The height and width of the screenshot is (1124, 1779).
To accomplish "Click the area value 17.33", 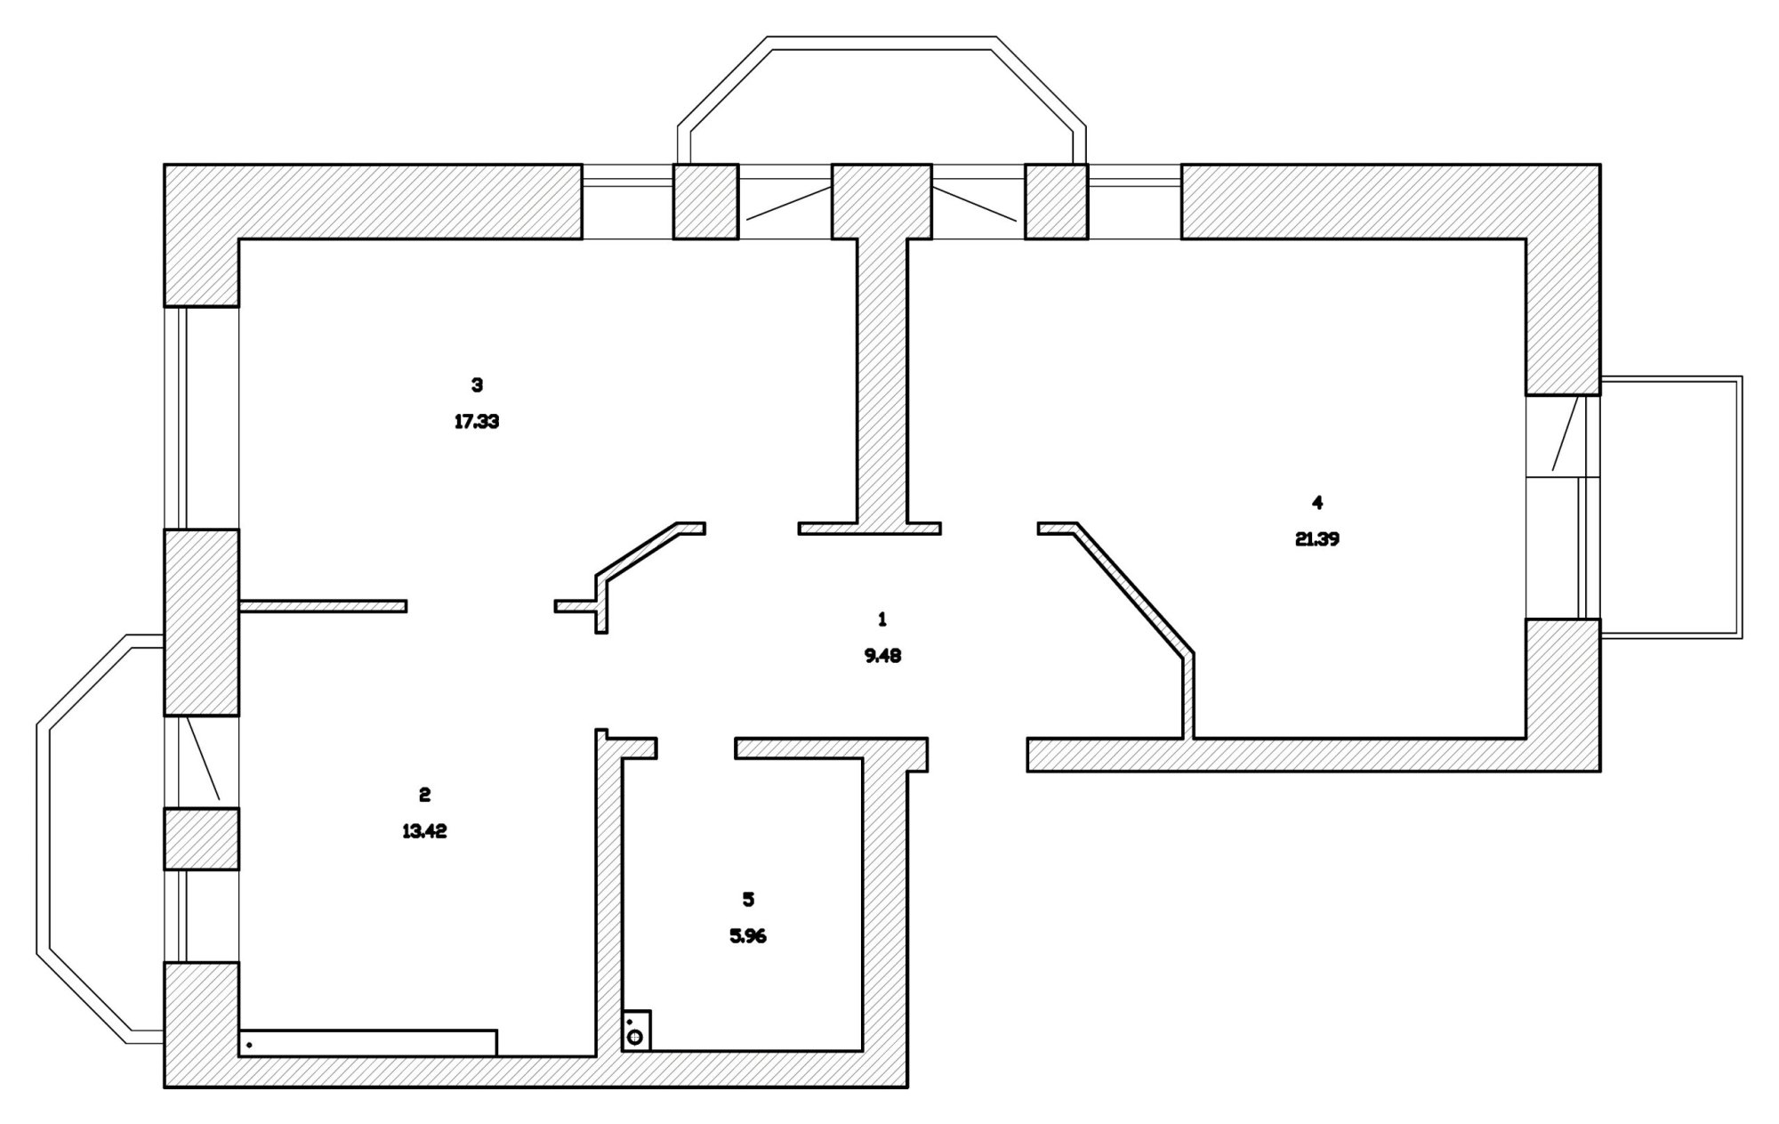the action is [477, 422].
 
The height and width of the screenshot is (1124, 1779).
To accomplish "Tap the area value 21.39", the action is [1317, 539].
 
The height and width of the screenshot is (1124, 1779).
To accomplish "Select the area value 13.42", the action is [424, 831].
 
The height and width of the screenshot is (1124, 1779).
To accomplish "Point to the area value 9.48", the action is [882, 656].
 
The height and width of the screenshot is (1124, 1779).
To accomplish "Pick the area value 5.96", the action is [748, 936].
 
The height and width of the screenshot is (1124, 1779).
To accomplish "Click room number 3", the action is [477, 385].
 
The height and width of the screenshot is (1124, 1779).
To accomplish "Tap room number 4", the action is [1317, 503].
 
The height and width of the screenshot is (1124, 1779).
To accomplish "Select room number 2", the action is [424, 794].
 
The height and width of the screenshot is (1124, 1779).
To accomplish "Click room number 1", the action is [882, 619].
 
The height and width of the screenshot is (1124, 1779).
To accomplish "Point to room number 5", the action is [748, 900].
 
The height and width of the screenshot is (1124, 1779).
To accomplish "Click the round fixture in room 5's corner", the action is [635, 1037].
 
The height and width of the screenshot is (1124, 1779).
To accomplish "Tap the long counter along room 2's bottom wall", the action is [368, 1043].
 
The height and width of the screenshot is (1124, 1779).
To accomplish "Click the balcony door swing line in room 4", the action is [1566, 433].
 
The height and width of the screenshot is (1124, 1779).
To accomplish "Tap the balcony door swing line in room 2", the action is [203, 757].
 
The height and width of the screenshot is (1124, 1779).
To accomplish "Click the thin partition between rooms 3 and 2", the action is [324, 606].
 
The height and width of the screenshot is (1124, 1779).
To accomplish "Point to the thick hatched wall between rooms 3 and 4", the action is [883, 383].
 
